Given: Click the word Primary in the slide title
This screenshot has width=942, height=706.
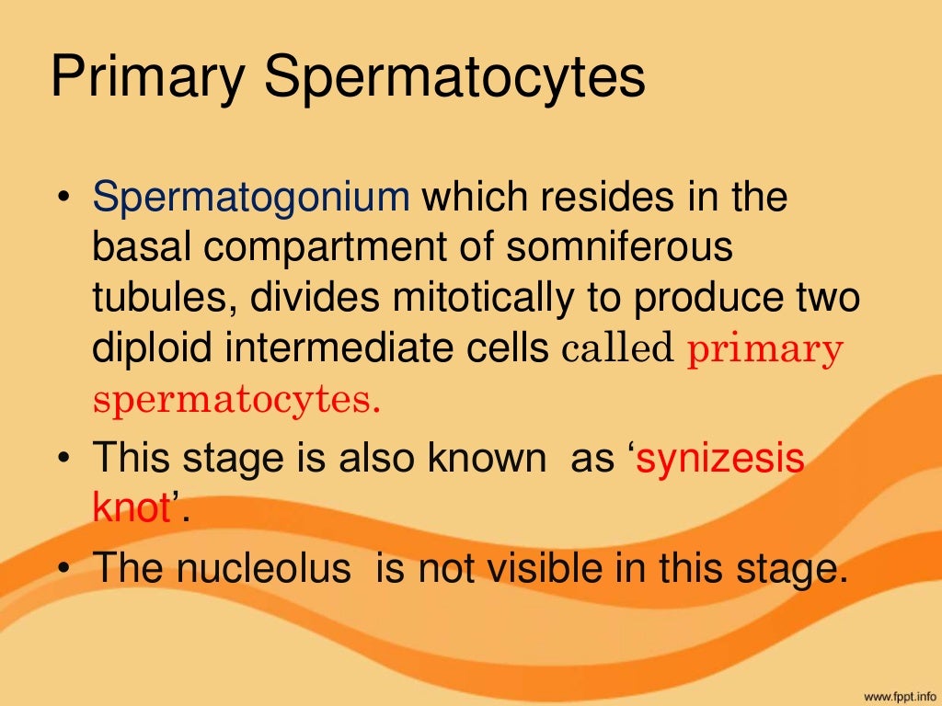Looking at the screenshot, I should (x=147, y=78).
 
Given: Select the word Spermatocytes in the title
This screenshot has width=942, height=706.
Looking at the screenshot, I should (x=454, y=78).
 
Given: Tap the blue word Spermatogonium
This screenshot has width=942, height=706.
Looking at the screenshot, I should (x=250, y=199).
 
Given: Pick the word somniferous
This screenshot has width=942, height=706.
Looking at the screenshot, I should (x=623, y=248).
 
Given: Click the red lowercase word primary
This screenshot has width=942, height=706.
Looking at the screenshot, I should (x=764, y=350).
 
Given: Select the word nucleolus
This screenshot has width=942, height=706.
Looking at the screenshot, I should (x=262, y=569).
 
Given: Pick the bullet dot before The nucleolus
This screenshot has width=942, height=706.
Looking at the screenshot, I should (x=63, y=571).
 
